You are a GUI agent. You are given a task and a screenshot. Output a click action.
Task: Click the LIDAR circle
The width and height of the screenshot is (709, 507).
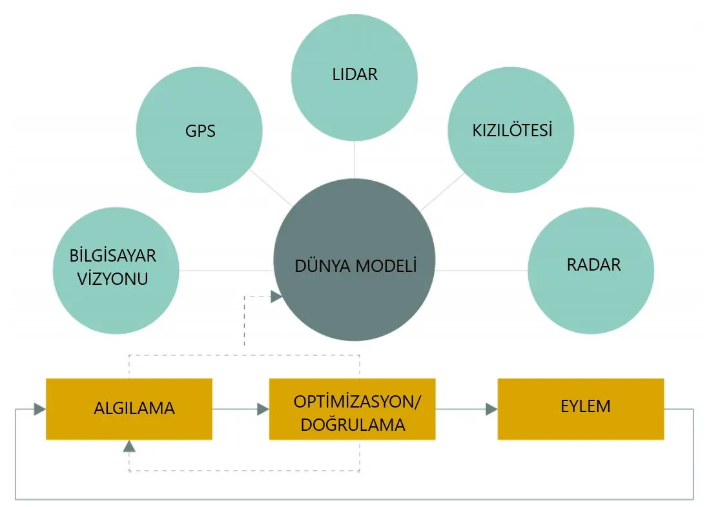tap(354, 78)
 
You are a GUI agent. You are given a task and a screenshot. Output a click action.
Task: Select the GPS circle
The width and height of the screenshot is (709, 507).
tap(200, 130)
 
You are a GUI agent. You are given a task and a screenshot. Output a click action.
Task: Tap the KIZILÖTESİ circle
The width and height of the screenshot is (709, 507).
tap(511, 130)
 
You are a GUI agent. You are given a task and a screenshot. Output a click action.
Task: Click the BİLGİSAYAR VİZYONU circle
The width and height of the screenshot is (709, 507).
tap(115, 270)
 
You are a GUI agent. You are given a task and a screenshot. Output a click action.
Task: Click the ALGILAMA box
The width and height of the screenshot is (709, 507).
tap(129, 409)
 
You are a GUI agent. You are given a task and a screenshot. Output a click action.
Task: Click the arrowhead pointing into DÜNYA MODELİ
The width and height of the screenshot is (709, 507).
tap(276, 296)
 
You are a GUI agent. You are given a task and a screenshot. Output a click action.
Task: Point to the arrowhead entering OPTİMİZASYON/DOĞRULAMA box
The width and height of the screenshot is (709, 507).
tap(262, 409)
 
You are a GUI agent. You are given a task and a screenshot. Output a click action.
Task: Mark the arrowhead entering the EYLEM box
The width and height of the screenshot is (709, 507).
tap(491, 409)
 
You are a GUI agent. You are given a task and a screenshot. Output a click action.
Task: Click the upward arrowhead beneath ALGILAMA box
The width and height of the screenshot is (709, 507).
tap(130, 446)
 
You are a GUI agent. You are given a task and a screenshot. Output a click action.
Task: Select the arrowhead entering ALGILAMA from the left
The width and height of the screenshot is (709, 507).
tap(39, 409)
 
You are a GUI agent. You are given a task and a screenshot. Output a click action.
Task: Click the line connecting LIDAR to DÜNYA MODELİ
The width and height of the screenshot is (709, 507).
tap(354, 160)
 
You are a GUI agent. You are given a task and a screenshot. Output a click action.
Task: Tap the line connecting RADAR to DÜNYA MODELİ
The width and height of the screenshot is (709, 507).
tap(481, 270)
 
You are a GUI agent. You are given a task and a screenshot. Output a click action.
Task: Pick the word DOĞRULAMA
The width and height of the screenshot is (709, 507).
tap(353, 424)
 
